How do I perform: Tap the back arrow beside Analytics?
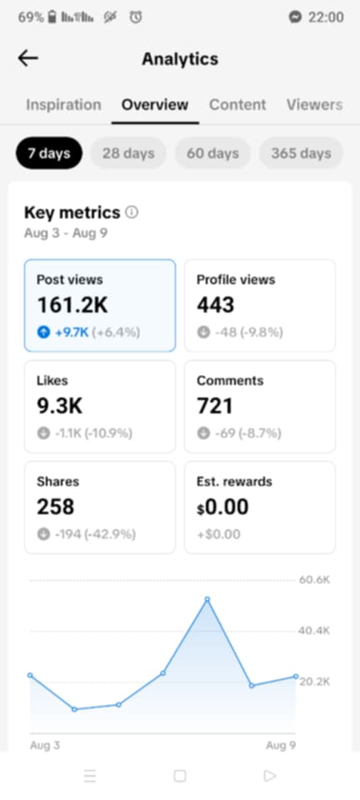click(28, 58)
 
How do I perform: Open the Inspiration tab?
click(63, 105)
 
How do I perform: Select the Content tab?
click(237, 105)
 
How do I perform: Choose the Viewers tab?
click(314, 105)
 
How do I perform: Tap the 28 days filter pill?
click(128, 153)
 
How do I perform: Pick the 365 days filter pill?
click(302, 153)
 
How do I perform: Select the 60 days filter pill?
click(212, 153)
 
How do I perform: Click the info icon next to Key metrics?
click(132, 212)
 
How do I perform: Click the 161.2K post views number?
click(72, 305)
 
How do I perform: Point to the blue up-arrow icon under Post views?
click(43, 332)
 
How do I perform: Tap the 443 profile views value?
click(216, 305)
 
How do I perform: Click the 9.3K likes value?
click(59, 406)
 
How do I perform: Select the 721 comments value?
click(215, 406)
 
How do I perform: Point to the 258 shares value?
click(56, 507)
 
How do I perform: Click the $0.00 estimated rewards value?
click(222, 507)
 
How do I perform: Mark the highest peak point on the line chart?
click(207, 599)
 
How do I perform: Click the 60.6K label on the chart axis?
click(314, 580)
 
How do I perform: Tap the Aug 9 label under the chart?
click(281, 745)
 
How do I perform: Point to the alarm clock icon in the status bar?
click(136, 17)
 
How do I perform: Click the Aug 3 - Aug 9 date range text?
click(66, 233)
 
